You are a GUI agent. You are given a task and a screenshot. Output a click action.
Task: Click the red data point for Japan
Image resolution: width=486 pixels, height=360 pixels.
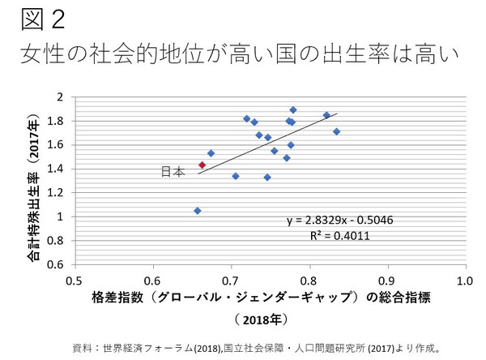pyautogui.click(x=202, y=165)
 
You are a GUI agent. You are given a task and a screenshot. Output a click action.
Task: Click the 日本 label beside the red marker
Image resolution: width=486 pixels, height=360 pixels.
pyautogui.click(x=173, y=172)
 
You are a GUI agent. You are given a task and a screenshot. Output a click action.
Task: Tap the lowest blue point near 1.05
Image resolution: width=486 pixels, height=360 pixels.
pyautogui.click(x=198, y=211)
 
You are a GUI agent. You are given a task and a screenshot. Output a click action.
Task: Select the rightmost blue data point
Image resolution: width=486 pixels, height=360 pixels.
pyautogui.click(x=337, y=131)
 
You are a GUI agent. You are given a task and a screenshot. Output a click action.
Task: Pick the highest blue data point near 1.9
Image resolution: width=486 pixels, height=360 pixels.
pyautogui.click(x=293, y=109)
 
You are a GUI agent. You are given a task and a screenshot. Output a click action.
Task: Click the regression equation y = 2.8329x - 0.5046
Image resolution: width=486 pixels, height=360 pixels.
pyautogui.click(x=332, y=220)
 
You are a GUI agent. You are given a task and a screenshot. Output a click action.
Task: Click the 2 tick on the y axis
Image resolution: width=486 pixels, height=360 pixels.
pyautogui.click(x=59, y=97)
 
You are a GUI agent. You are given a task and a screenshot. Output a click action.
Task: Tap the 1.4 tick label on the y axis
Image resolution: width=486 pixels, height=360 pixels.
pyautogui.click(x=55, y=169)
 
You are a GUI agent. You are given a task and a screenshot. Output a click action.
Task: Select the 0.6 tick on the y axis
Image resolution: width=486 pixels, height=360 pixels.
pyautogui.click(x=55, y=264)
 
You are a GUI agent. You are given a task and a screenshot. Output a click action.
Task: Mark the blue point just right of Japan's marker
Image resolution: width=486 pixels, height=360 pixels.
pyautogui.click(x=211, y=153)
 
